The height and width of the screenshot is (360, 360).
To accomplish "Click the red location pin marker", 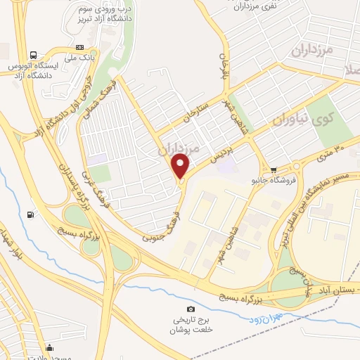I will coord(181,167).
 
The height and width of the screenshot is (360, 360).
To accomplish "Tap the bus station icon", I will coord(33,55).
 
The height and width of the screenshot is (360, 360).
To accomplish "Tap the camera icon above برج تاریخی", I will coord(191,309).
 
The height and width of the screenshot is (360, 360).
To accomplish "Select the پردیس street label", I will coord(221,153).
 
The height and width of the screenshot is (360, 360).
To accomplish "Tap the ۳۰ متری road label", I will coord(328,150).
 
